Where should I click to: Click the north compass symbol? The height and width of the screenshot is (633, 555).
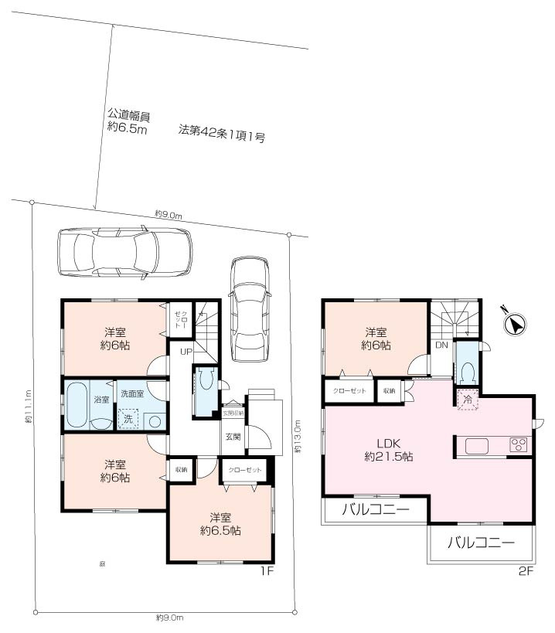513,322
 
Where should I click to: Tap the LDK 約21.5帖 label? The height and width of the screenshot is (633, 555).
389,450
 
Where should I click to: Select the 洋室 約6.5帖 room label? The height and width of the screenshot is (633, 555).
220,524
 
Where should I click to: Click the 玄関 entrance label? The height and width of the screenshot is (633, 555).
233,437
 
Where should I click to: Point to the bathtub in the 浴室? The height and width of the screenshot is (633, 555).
77,403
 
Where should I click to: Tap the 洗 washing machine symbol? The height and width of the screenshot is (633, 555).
127,419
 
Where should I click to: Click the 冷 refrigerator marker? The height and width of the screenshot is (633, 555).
466,400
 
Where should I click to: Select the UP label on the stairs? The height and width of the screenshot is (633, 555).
186,352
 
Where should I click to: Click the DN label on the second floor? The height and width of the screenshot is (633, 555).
441,345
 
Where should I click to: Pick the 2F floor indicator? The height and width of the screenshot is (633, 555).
526,571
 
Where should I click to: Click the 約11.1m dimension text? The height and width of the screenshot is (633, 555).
28,407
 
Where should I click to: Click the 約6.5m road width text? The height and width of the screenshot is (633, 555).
127,129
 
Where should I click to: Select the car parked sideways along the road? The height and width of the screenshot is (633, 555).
124,251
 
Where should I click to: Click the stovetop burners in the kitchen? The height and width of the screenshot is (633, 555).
518,446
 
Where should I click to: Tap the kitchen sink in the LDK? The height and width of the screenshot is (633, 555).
476,446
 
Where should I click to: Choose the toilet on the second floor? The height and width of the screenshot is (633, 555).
467,373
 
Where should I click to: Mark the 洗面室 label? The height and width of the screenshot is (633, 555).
133,394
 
